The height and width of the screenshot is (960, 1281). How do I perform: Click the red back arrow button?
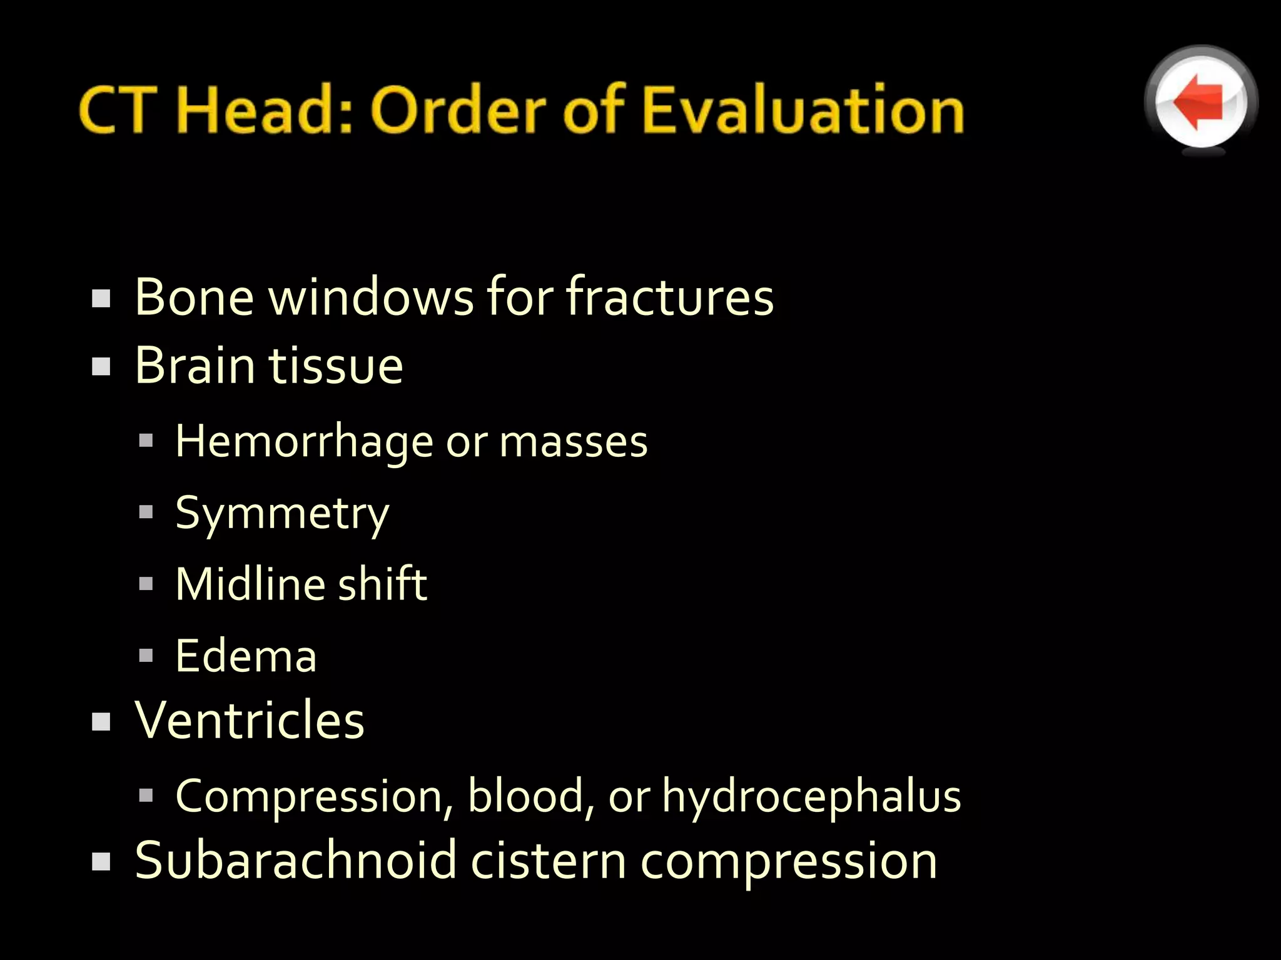click(1200, 102)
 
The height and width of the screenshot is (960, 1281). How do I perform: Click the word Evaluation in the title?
click(803, 110)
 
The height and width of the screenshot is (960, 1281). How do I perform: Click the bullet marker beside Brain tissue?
click(101, 366)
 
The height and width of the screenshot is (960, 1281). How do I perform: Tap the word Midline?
click(248, 584)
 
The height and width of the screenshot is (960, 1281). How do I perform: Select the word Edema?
click(246, 656)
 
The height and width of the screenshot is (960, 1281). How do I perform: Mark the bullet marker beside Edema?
click(146, 656)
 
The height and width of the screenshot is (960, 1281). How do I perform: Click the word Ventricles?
click(249, 720)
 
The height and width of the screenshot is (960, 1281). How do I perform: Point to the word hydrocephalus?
click(811, 797)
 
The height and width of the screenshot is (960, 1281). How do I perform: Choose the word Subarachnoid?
click(295, 861)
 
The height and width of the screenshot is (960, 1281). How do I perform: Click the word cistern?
click(549, 861)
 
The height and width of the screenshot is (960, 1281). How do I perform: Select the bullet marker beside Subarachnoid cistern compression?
click(101, 862)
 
